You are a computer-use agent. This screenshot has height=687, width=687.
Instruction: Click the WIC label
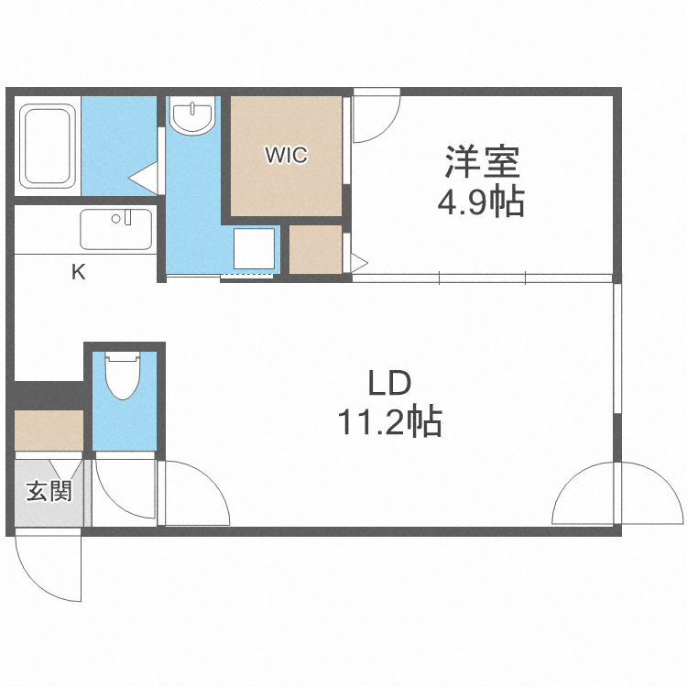click(287, 155)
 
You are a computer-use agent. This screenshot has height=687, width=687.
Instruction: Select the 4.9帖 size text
click(480, 202)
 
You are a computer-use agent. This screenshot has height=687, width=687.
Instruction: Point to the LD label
click(391, 382)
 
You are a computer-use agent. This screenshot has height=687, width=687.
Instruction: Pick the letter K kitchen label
click(79, 272)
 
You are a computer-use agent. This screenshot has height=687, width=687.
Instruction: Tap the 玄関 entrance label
click(49, 492)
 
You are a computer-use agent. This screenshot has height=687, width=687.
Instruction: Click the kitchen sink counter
click(115, 229)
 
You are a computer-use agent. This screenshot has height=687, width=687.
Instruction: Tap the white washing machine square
click(254, 248)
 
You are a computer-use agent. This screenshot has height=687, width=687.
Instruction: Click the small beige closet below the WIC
click(315, 248)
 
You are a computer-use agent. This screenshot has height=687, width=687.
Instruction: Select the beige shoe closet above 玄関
click(49, 430)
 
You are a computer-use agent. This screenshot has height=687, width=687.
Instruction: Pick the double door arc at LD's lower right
click(586, 495)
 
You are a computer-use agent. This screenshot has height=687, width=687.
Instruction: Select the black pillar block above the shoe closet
click(48, 393)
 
